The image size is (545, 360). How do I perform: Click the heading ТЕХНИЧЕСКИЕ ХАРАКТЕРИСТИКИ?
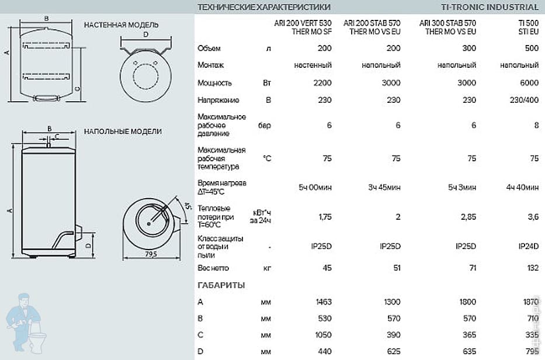pos(264,7)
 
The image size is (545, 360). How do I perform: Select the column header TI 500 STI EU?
pos(527,27)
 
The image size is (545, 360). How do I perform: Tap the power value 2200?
pos(322,83)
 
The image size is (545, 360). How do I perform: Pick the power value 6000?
pos(529,83)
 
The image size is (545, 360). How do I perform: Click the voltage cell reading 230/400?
pos(525,100)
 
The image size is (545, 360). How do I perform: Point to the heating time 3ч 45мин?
pos(384,187)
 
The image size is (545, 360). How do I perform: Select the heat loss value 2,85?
pos(467,216)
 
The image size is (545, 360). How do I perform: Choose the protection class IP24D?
pos(529,246)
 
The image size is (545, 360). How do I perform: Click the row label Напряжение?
pos(214,100)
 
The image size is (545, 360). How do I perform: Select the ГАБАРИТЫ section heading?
pos(221,285)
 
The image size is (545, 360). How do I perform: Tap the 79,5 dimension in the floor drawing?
pos(151,254)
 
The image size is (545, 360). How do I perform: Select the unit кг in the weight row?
pos(268,268)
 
